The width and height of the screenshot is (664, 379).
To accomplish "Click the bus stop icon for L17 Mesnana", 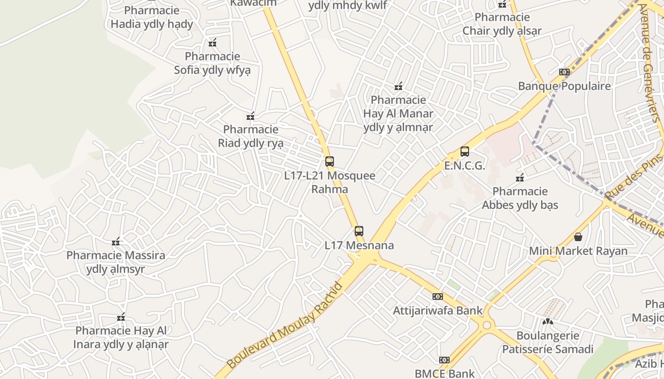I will (x=359, y=231).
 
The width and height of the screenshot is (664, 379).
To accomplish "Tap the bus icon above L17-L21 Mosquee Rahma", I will (x=330, y=161).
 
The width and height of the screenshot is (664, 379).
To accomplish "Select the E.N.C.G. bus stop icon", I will (x=465, y=152).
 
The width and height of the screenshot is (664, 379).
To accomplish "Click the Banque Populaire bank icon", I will (x=564, y=72).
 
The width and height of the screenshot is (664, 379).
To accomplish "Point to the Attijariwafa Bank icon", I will (x=437, y=297).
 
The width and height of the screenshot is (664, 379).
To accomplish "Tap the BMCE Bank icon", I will (x=444, y=360).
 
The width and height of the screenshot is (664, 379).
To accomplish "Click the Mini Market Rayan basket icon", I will (x=578, y=236).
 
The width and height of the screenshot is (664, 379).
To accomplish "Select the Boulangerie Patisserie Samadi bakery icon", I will (x=548, y=321).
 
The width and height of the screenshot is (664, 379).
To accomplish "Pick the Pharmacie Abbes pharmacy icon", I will (x=520, y=178).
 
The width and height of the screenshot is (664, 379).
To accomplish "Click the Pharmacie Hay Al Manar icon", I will (x=398, y=86).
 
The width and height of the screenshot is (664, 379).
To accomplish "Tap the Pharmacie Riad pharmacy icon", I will (x=250, y=116).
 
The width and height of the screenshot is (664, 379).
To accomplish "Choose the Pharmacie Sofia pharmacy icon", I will (x=212, y=43).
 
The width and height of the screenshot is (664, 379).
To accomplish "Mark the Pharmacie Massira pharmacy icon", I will (x=116, y=242).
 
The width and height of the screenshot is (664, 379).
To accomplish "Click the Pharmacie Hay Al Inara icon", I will (x=121, y=317).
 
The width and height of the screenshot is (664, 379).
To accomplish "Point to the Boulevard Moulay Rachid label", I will (x=285, y=325).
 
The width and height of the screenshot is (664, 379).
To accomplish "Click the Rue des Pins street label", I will (x=633, y=176).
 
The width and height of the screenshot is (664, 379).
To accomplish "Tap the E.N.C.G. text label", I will (x=465, y=166).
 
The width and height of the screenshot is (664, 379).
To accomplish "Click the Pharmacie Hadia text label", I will (x=152, y=17).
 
